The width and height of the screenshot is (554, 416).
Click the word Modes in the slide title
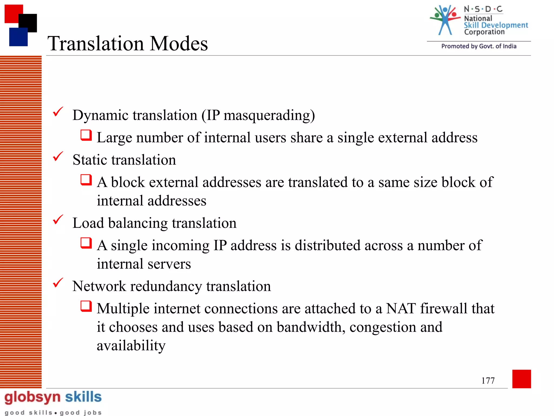(179, 44)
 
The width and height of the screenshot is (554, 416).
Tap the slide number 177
(488, 381)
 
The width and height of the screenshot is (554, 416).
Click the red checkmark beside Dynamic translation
(58, 112)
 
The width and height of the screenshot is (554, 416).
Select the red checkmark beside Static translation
(58, 156)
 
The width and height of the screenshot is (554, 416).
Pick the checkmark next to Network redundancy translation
(58, 283)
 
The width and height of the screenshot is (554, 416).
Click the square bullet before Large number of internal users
(86, 135)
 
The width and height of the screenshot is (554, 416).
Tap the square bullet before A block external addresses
(86, 180)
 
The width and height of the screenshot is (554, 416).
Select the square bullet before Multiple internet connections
(86, 306)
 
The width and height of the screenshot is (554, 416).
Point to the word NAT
(401, 308)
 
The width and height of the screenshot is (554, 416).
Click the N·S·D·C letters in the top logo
(483, 9)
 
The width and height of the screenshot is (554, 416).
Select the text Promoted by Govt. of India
(479, 46)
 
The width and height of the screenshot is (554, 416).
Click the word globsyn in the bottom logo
(32, 397)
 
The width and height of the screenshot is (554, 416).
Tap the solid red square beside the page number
(521, 379)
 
